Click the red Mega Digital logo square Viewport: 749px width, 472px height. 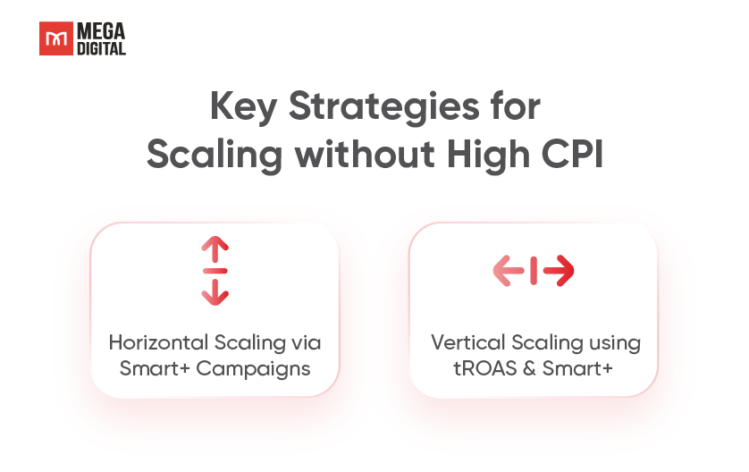tap(56, 38)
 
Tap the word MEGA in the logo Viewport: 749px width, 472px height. tap(101, 31)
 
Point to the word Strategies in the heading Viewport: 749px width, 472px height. tap(384, 106)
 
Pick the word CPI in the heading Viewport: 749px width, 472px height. tap(572, 155)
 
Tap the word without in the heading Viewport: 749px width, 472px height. tap(365, 155)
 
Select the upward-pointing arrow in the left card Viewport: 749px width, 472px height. tap(215, 249)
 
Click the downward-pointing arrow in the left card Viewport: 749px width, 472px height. tap(215, 292)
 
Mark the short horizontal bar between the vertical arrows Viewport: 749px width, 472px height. tap(215, 271)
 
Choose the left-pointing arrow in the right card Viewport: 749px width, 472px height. tap(509, 271)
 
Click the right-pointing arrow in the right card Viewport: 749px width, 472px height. tap(559, 271)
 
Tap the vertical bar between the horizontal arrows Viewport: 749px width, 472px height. tap(534, 271)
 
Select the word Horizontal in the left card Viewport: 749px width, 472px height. tap(158, 342)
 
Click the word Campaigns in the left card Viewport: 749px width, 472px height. tap(253, 369)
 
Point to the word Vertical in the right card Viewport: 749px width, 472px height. tap(467, 342)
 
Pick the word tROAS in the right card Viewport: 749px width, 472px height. tap(484, 369)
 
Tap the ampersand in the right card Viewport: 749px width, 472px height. tap(529, 369)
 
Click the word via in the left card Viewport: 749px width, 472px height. tap(306, 343)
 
